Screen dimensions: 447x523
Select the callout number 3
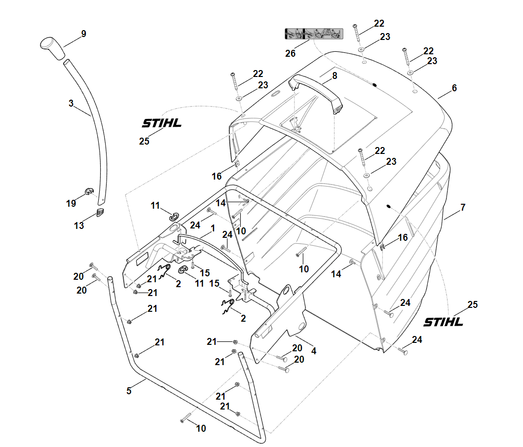pyautogui.click(x=71, y=104)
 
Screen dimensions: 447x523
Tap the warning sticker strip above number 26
pyautogui.click(x=313, y=34)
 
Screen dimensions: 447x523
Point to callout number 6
pyautogui.click(x=454, y=88)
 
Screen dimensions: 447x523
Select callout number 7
pyautogui.click(x=462, y=208)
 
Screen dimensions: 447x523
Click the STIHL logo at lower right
pyautogui.click(x=444, y=322)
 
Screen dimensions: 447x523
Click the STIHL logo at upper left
pyautogui.click(x=161, y=123)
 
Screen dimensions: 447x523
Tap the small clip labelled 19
pyautogui.click(x=88, y=191)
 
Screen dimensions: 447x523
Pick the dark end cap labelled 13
pyautogui.click(x=100, y=212)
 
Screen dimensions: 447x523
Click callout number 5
pyautogui.click(x=129, y=390)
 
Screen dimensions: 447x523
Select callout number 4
pyautogui.click(x=314, y=351)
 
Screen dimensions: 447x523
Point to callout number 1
pyautogui.click(x=213, y=229)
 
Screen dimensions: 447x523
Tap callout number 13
pyautogui.click(x=79, y=225)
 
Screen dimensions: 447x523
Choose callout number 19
pyautogui.click(x=71, y=203)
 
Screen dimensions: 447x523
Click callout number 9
pyautogui.click(x=83, y=34)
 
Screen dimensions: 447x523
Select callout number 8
pyautogui.click(x=335, y=75)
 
